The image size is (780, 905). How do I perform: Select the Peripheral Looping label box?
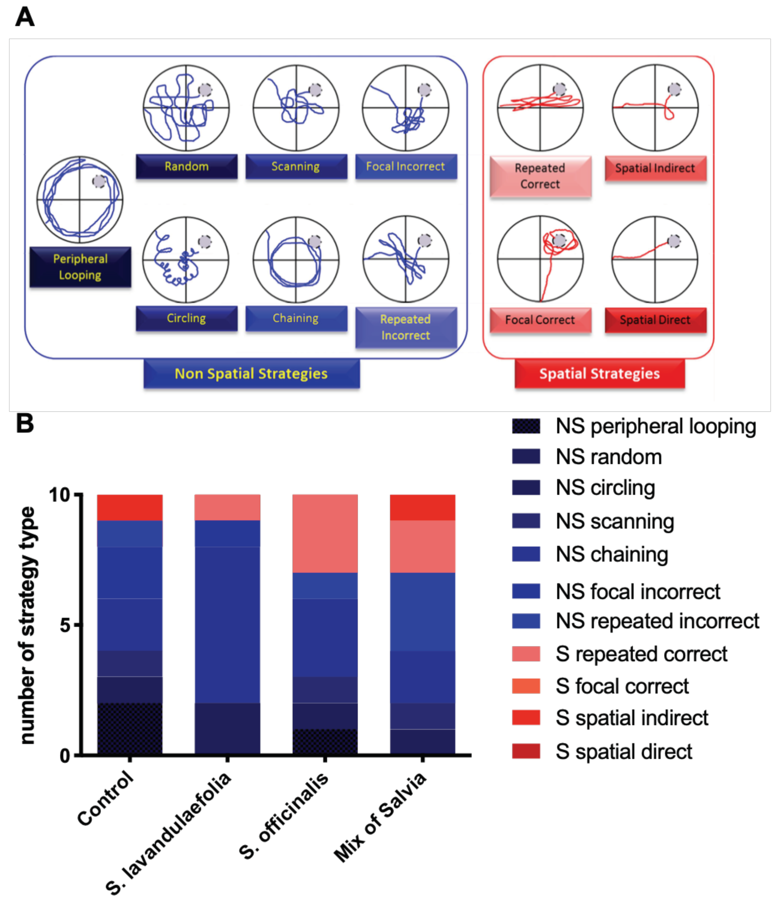(x=80, y=267)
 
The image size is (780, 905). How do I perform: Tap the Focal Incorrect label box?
(x=406, y=166)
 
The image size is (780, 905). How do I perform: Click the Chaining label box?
(x=296, y=318)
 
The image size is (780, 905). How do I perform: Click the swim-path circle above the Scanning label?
(x=296, y=108)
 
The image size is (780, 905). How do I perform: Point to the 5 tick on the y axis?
(x=65, y=625)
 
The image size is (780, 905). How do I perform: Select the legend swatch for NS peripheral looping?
(x=526, y=426)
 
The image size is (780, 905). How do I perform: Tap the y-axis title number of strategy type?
(x=27, y=625)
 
